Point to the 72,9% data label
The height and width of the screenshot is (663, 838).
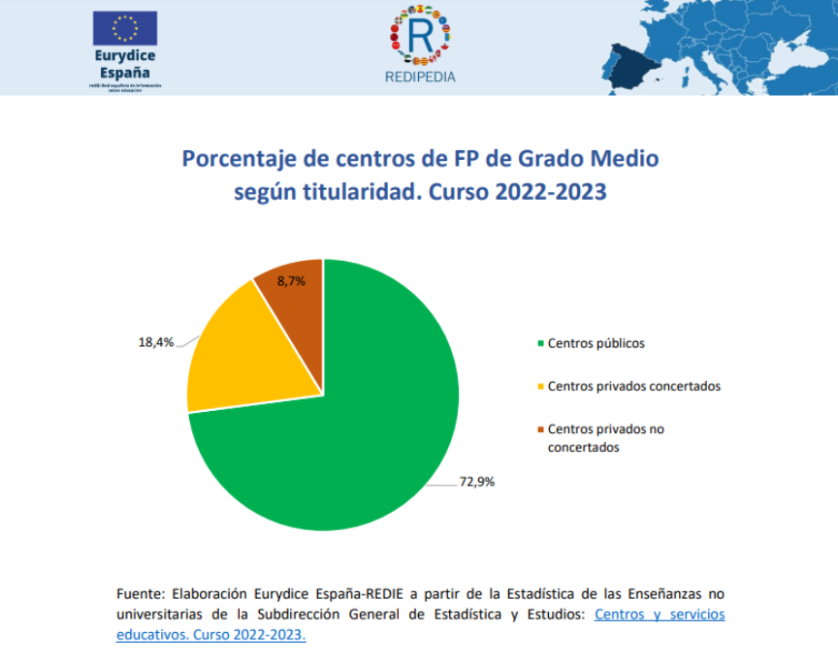coord(476,481)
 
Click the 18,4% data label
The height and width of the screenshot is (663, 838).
coord(157,342)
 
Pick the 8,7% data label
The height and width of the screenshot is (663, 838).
coord(291,281)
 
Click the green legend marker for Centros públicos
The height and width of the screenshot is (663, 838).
coord(540,343)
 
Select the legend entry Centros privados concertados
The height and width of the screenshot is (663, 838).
coord(633,386)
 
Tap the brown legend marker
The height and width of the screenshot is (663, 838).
coord(540,428)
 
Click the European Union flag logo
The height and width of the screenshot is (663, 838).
coord(125,28)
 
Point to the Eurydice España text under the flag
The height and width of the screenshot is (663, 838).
coord(125,64)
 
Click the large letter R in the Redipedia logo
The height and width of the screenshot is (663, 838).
coord(420,37)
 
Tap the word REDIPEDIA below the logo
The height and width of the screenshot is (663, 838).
coord(420,77)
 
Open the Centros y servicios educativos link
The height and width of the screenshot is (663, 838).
coord(659,615)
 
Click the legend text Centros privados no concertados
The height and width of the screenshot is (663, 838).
coord(606,437)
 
